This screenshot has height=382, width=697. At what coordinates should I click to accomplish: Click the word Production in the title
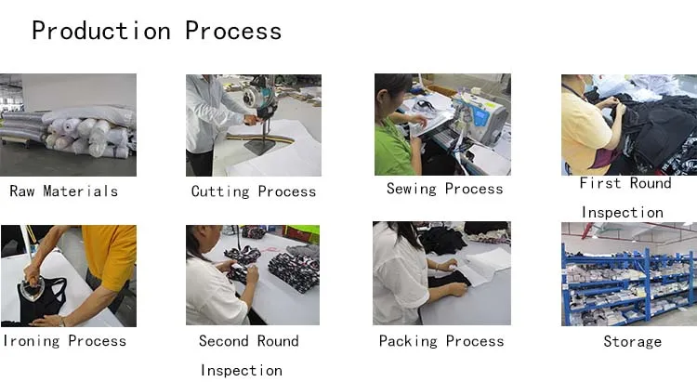pyautogui.click(x=101, y=31)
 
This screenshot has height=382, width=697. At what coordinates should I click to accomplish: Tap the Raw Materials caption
pyautogui.click(x=63, y=191)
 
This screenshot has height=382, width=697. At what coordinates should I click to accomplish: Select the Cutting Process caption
pyautogui.click(x=254, y=191)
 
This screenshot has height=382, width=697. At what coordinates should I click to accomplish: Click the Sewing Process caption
pyautogui.click(x=444, y=189)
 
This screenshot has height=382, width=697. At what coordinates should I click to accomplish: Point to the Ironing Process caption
pyautogui.click(x=65, y=341)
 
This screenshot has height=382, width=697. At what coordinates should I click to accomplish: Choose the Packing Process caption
pyautogui.click(x=441, y=341)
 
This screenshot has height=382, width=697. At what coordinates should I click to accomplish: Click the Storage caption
pyautogui.click(x=633, y=341)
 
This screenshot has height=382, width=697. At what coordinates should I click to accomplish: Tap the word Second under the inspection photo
pyautogui.click(x=224, y=341)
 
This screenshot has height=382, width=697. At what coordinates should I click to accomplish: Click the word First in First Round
pyautogui.click(x=600, y=183)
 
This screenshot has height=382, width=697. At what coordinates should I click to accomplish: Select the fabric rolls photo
pyautogui.click(x=68, y=125)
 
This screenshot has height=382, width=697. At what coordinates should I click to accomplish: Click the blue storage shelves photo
pyautogui.click(x=629, y=274)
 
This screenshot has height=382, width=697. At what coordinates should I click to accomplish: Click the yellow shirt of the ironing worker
pyautogui.click(x=110, y=256)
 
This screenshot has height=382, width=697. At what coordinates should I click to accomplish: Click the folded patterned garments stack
pyautogui.click(x=295, y=271)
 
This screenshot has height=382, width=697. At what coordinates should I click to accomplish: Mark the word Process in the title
pyautogui.click(x=233, y=31)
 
